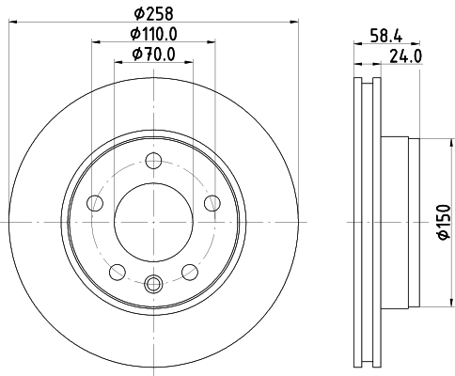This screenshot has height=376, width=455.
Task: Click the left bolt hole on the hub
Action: tap(94, 203)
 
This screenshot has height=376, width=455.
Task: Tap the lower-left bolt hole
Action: tap(117, 273)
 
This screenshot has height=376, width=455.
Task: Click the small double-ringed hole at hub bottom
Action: tap(154, 281)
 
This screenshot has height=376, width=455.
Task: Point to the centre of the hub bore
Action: tap(154, 222)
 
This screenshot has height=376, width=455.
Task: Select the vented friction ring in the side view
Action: tap(367, 222)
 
